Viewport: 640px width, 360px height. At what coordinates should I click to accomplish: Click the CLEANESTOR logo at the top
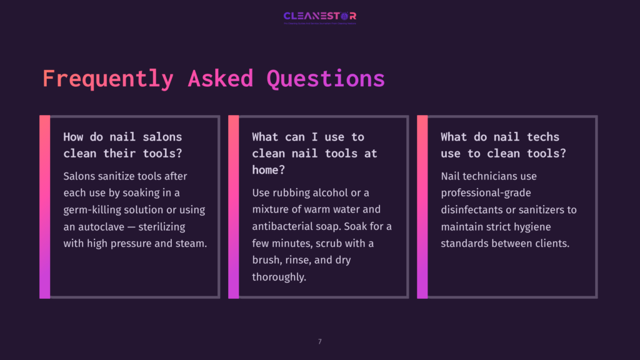tap(319, 16)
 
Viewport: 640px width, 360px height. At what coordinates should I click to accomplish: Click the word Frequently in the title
tap(107, 79)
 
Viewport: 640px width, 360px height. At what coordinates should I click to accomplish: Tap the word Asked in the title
tap(221, 79)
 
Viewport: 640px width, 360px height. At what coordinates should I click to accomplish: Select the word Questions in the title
tap(326, 79)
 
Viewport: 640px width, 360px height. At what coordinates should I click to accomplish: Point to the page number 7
tap(320, 341)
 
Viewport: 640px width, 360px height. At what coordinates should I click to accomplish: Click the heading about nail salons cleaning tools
tap(122, 144)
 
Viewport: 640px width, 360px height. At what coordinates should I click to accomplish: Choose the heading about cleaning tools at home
tap(314, 152)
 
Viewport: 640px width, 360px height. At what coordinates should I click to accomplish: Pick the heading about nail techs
tap(500, 144)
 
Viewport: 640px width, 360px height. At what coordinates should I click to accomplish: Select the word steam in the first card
tap(192, 244)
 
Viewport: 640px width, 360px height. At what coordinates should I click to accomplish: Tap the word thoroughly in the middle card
tap(279, 277)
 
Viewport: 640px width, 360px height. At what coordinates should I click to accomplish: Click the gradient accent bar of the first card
tap(44, 206)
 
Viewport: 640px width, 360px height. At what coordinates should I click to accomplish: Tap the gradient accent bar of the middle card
tap(233, 206)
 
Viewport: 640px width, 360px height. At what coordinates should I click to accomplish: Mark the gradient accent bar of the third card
tap(422, 206)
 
